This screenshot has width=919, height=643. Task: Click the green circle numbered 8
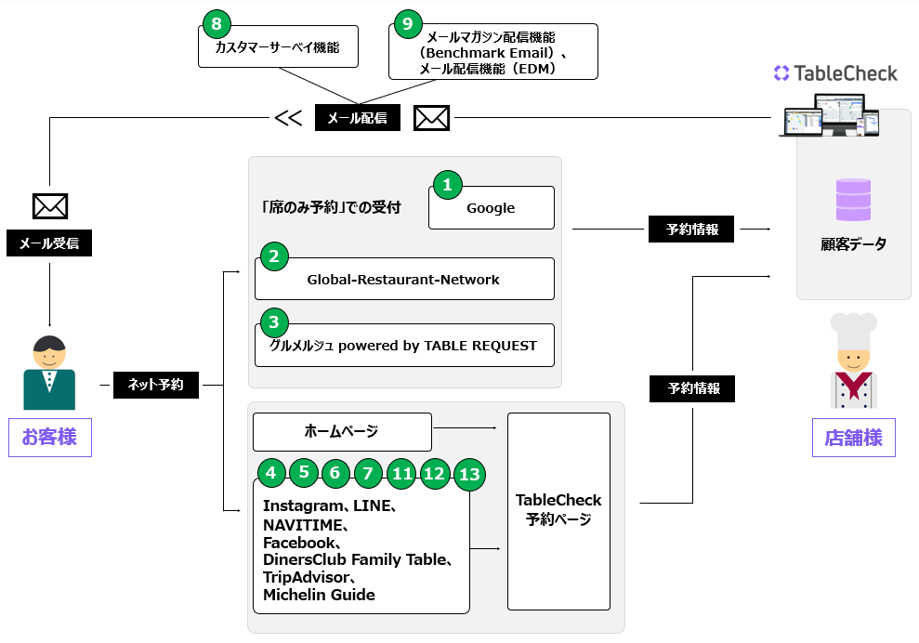[217, 23]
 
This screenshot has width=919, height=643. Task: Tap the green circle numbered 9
[407, 23]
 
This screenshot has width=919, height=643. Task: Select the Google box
[491, 207]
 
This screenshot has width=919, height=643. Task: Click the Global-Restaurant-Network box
[404, 279]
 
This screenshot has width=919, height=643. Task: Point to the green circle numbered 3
[273, 322]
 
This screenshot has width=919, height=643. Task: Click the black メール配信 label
[358, 117]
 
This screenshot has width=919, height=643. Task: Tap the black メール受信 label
[49, 244]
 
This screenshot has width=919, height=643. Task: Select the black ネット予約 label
[156, 384]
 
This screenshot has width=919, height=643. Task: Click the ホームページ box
[342, 431]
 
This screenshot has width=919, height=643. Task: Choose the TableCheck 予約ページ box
[558, 511]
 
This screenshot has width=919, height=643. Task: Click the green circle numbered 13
[470, 476]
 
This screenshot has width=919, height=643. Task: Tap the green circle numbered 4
[270, 472]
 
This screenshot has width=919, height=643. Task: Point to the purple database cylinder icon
[853, 200]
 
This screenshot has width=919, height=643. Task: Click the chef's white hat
[853, 330]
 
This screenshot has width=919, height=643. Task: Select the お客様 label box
[49, 437]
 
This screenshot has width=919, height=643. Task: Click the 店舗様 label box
[853, 437]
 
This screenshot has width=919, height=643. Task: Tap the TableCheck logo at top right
[835, 72]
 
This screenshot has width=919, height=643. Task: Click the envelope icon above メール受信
[50, 205]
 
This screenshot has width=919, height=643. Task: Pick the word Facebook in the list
[300, 542]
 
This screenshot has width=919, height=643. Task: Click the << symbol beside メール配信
[288, 118]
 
